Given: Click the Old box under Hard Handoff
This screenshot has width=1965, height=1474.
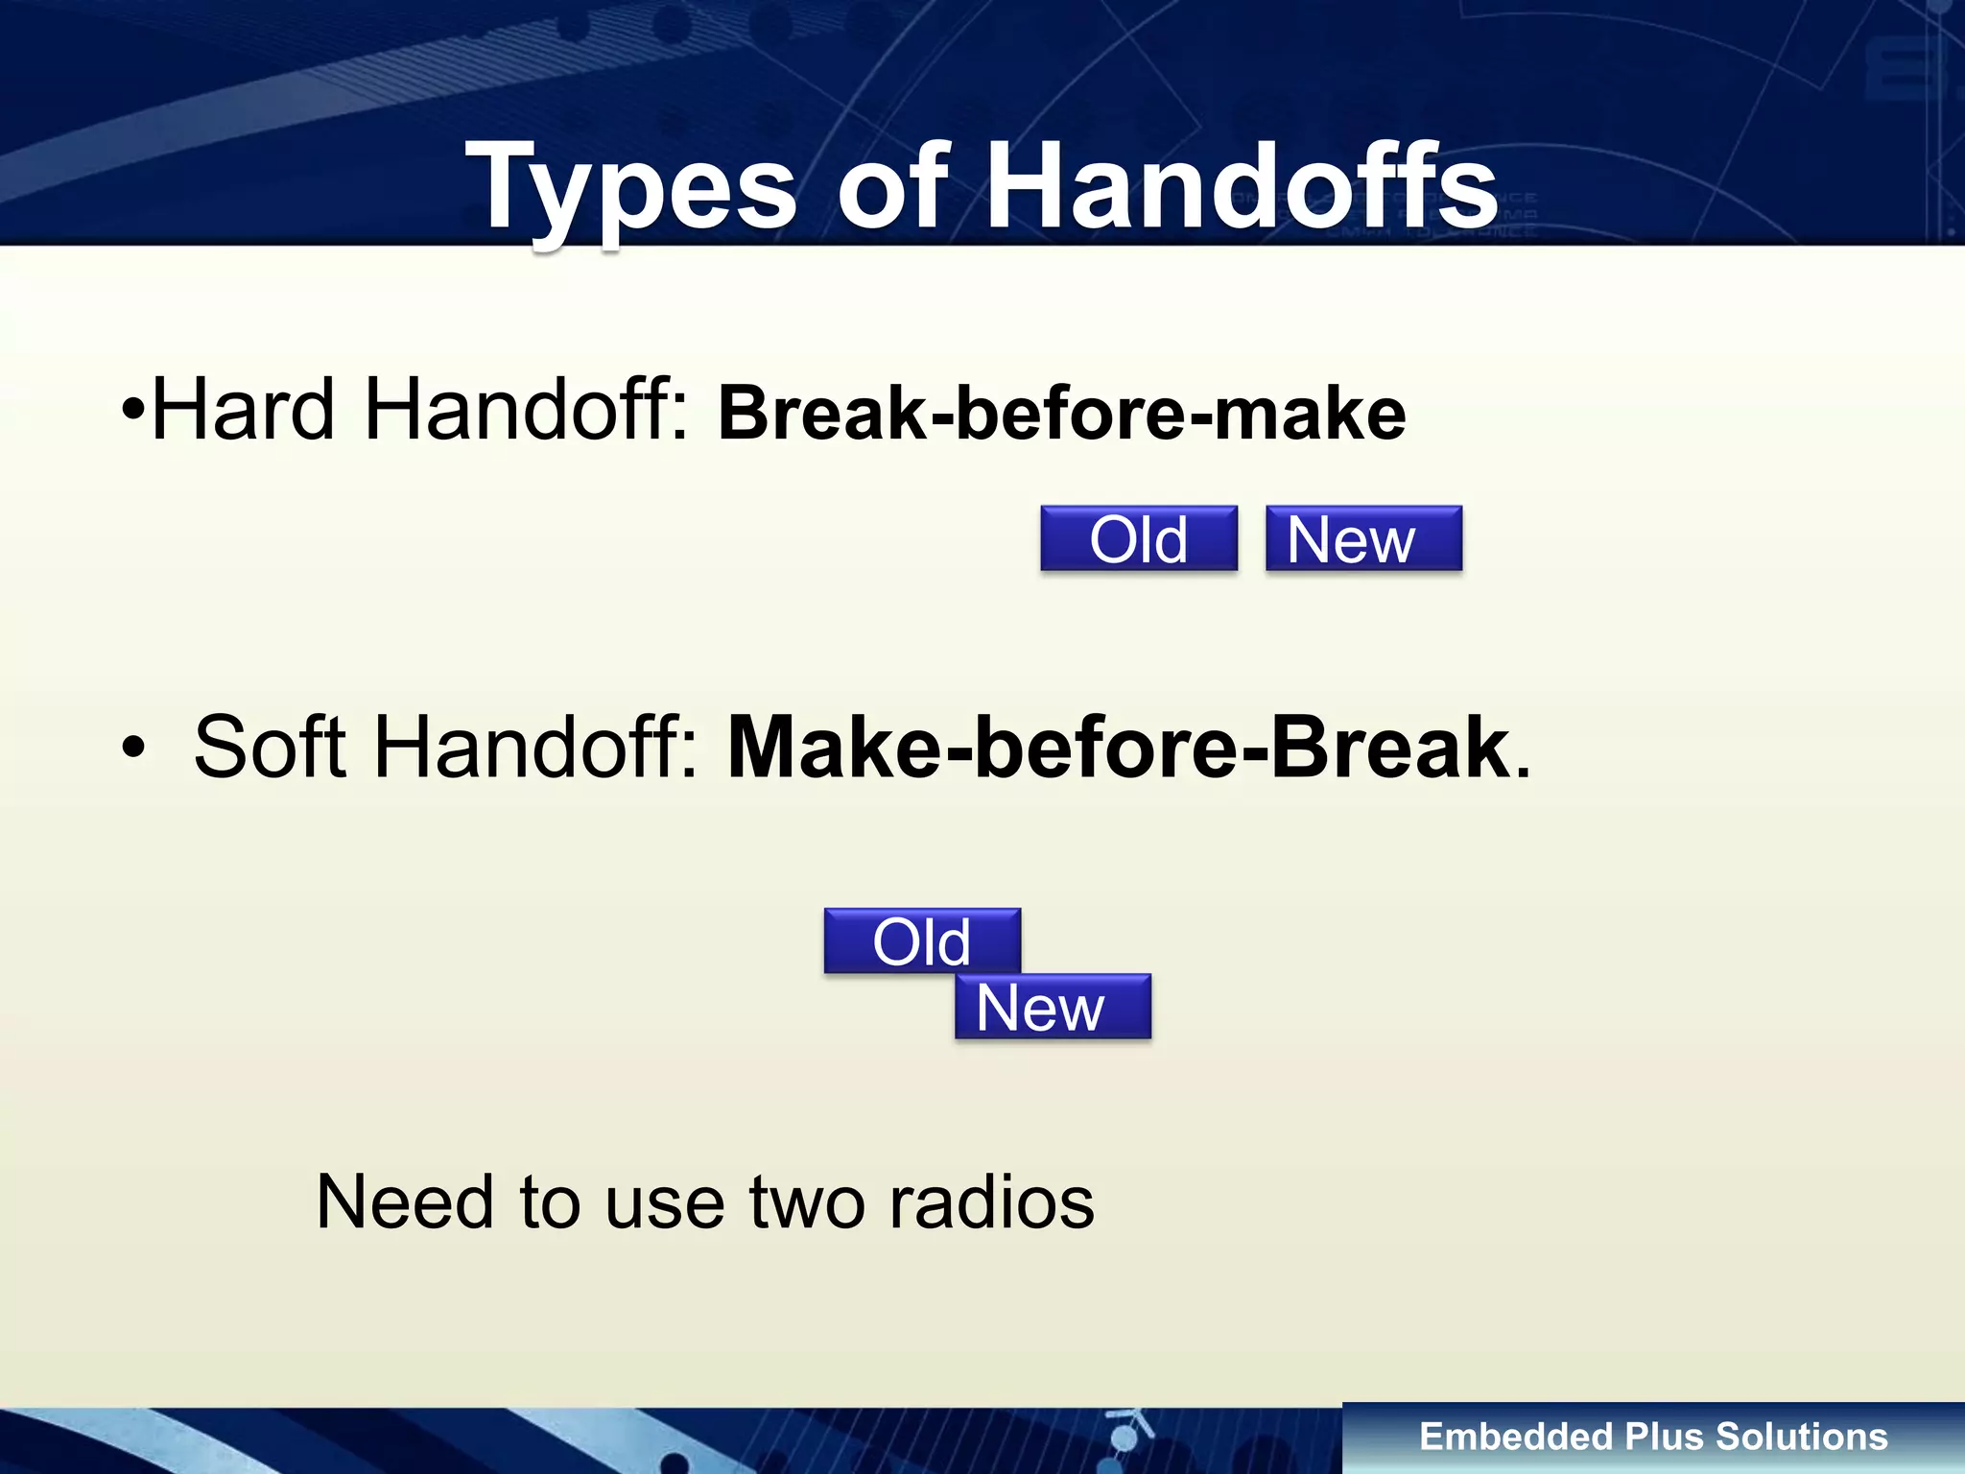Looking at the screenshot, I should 1139,539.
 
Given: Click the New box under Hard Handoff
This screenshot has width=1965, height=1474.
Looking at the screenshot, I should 1363,539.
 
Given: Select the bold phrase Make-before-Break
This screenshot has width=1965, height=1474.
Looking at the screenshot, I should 1119,749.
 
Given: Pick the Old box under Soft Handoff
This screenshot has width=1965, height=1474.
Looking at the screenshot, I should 922,941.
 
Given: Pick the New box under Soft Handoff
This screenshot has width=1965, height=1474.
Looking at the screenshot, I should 1053,1008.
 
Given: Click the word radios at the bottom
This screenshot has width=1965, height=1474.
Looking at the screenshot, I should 991,1202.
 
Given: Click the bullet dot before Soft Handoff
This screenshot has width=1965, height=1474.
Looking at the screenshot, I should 134,748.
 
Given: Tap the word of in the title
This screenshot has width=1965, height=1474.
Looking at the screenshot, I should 892,188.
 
